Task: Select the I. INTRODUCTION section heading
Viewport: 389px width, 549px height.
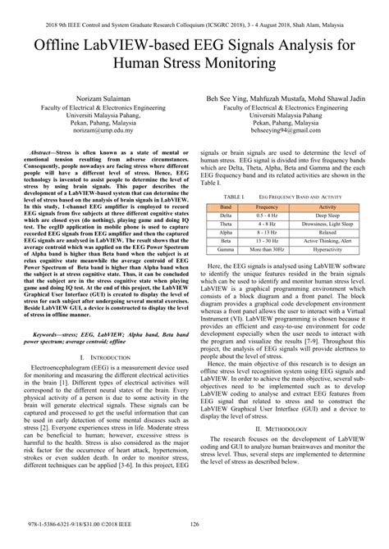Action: click(x=98, y=403)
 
